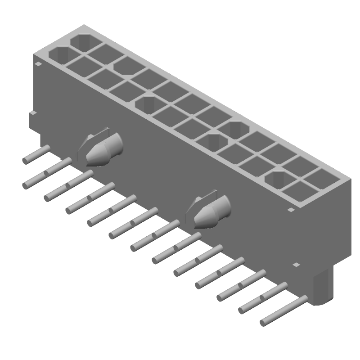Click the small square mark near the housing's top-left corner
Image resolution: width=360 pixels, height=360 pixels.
click(39, 65)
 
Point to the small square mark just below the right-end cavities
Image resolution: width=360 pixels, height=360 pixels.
click(291, 210)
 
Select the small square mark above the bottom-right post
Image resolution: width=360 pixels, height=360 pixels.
click(296, 265)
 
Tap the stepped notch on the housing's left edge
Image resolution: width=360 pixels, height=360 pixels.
click(32, 120)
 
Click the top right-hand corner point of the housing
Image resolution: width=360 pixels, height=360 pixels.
click(350, 179)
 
